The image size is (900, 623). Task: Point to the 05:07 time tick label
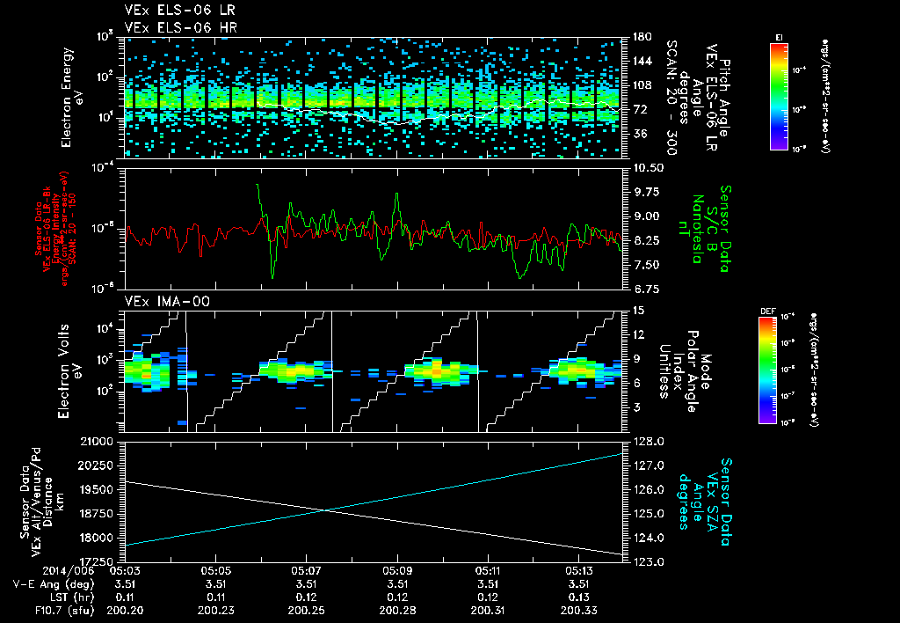point(306,570)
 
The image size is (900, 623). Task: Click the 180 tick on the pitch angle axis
point(641,37)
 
